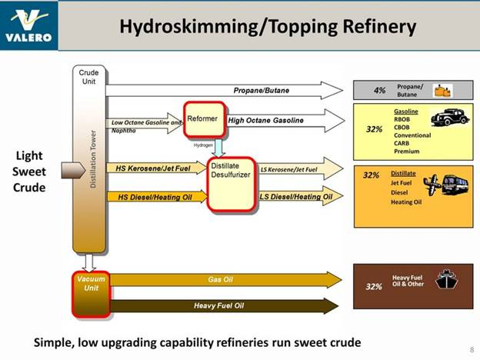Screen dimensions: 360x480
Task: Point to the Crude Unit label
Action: click(88, 77)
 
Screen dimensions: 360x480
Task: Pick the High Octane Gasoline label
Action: click(265, 120)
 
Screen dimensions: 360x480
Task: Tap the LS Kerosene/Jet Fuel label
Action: click(289, 168)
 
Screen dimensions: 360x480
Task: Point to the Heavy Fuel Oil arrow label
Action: click(218, 306)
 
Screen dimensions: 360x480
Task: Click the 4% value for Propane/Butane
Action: click(379, 91)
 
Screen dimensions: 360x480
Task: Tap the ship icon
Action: click(448, 278)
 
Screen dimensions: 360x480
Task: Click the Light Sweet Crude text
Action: click(35, 172)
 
